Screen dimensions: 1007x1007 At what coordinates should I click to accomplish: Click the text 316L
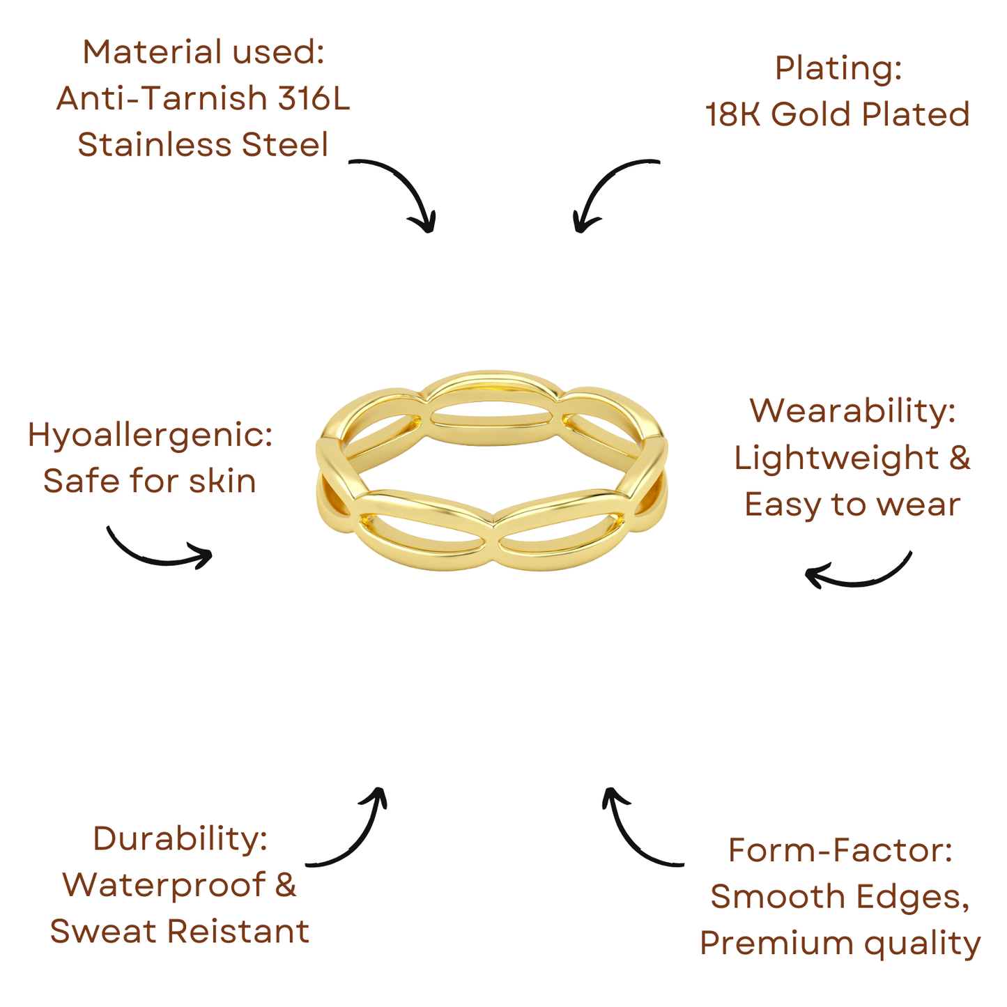click(314, 98)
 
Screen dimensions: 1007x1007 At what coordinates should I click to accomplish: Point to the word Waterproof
click(164, 885)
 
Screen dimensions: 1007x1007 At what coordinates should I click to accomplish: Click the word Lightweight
click(836, 458)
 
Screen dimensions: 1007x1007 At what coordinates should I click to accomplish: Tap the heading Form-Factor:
click(840, 850)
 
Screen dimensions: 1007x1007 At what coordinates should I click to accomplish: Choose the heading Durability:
click(180, 838)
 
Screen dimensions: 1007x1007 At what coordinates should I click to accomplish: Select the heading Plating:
click(838, 68)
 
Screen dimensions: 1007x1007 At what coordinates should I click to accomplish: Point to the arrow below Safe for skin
click(159, 551)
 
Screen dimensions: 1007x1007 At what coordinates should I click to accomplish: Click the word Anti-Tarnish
click(162, 98)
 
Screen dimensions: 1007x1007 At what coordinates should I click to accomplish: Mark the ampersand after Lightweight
click(959, 458)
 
